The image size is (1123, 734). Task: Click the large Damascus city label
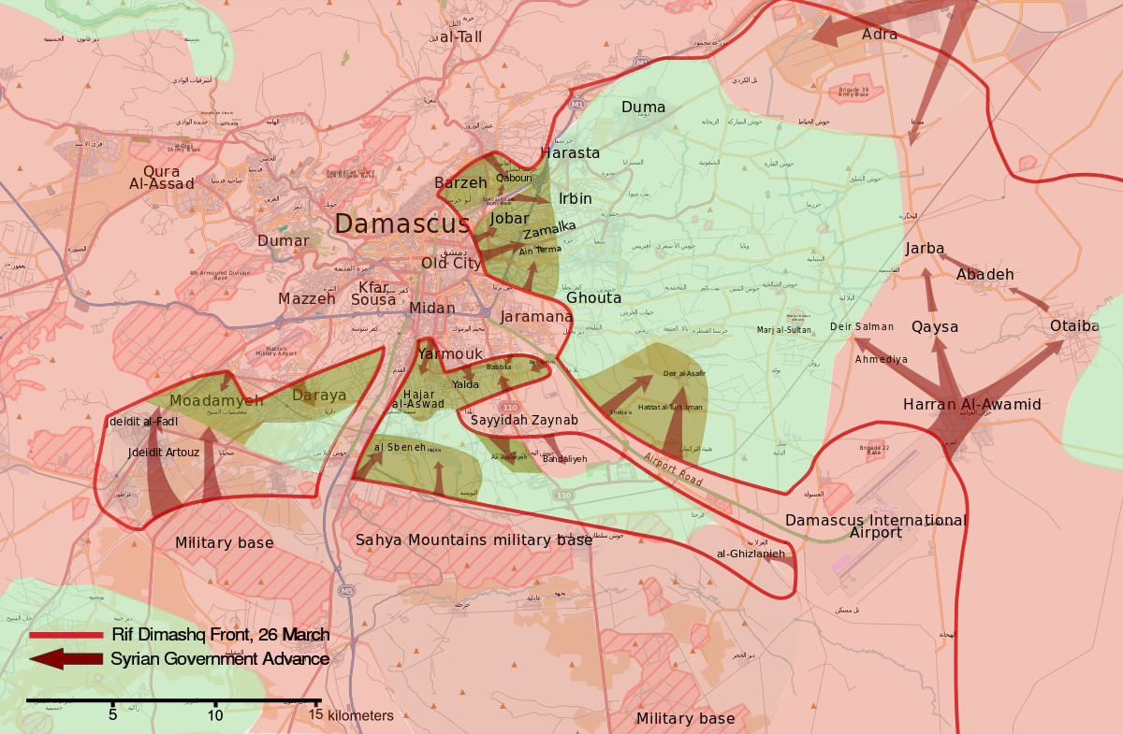[x=402, y=224]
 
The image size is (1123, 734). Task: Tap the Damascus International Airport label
[x=876, y=526]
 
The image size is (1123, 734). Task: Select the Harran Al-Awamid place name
[x=971, y=405]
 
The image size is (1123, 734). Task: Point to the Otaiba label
[x=1074, y=326]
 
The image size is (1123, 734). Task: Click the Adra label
[x=880, y=35]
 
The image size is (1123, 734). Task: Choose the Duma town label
[x=643, y=108]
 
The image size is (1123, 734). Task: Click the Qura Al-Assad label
[x=162, y=178]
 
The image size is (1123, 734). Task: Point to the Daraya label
[x=319, y=396]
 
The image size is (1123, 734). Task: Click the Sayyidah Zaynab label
[x=524, y=421]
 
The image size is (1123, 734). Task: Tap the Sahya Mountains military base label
[x=474, y=540]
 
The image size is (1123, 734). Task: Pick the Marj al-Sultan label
[x=784, y=330]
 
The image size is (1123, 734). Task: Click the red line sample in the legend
[x=66, y=636]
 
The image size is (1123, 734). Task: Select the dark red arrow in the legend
[x=66, y=659]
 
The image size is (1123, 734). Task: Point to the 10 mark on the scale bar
[x=215, y=715]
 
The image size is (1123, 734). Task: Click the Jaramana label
[x=536, y=317]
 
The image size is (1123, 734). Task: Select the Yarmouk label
[x=450, y=353]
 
